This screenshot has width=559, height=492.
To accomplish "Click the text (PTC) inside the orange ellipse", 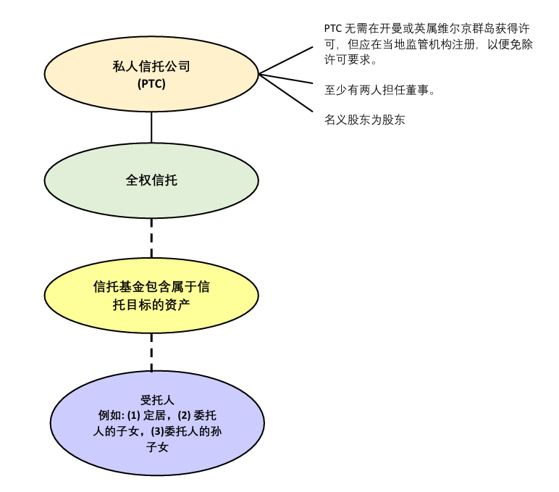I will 151,84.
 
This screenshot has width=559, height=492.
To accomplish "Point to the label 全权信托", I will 151,180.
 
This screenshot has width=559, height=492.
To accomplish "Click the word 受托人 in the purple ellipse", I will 157,400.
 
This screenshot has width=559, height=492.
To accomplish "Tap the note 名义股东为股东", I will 364,120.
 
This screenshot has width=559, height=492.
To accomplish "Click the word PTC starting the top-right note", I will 332,29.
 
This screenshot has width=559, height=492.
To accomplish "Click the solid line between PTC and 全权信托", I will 151,127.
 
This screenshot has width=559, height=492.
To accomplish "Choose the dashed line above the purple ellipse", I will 151,351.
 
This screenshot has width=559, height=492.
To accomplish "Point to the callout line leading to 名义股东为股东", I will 286,93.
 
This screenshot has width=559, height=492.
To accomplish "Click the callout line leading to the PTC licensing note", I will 286,60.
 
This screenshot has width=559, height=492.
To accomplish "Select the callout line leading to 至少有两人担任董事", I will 286,79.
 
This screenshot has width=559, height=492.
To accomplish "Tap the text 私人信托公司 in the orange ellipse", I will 151,67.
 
